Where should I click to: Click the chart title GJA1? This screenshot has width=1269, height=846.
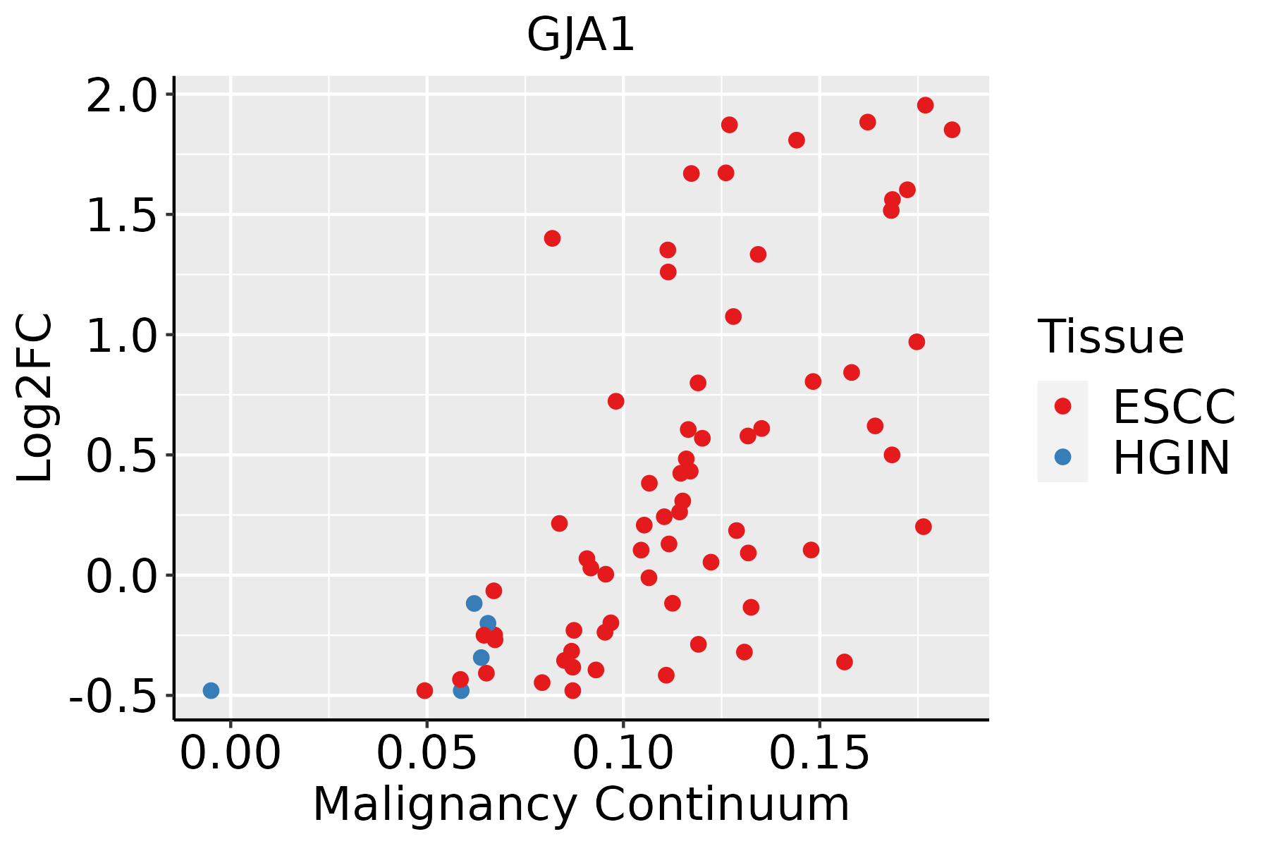coord(581,35)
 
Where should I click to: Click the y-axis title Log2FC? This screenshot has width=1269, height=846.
coord(35,398)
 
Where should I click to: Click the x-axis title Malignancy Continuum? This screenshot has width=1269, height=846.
coord(581,804)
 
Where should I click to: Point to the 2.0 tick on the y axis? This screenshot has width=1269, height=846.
coord(130,94)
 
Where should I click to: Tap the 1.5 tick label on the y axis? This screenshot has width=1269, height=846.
coord(130,214)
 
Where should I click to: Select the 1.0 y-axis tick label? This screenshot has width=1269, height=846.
coord(130,335)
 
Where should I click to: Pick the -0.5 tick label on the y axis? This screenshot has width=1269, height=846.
coord(120,695)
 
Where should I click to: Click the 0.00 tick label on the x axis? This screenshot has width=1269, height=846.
coord(231,754)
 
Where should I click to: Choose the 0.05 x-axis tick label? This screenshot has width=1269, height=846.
coord(427,754)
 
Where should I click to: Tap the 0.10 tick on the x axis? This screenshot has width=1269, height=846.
coord(623,754)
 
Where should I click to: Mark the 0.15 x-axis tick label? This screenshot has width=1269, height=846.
coord(819,754)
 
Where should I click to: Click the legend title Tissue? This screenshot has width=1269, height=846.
coord(1111,337)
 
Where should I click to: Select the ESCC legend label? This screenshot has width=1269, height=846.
coord(1174,407)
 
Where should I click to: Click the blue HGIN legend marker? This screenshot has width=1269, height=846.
coord(1062,457)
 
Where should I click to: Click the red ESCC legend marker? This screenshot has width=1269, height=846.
coord(1062,406)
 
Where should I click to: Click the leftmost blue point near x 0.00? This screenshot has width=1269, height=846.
coord(211,691)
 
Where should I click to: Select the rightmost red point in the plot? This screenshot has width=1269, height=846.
coord(952,130)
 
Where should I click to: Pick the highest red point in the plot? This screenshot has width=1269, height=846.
coord(925,105)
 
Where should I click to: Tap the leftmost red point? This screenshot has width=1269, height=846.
coord(424,691)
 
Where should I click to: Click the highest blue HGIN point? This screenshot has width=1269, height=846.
coord(474,603)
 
